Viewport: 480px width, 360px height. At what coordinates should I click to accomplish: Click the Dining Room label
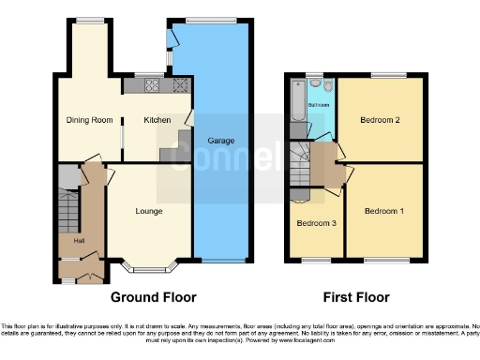pos(89,120)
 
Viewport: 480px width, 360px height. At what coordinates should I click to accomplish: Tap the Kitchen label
pos(156,120)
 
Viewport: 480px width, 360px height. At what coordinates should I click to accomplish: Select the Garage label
pos(221,141)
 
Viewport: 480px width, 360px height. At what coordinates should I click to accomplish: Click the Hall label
pos(67,241)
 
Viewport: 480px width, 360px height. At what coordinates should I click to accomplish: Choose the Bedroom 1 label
pos(384,211)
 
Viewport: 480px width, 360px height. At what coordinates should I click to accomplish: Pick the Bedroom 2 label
pos(384,120)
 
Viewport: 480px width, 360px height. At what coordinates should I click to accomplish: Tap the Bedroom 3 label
pos(316,223)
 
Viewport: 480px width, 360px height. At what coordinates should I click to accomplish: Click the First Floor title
pos(356,297)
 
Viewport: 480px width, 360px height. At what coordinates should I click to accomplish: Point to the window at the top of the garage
pos(211,21)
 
